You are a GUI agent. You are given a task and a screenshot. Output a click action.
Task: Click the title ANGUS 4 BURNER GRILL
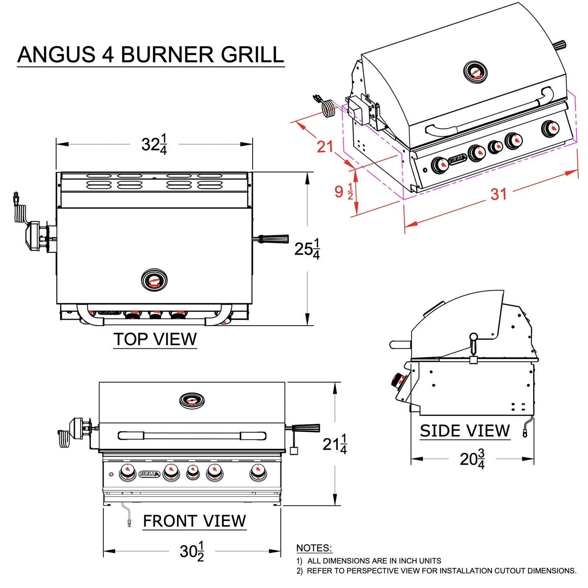point(151,55)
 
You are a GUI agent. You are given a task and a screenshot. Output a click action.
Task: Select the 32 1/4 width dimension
point(154,144)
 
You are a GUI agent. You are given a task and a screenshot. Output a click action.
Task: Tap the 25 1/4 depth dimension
point(307,249)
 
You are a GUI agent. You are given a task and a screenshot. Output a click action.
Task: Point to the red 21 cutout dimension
point(325,147)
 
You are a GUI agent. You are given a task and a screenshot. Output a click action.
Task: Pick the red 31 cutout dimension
point(498,194)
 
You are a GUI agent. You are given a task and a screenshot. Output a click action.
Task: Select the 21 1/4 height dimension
point(334,444)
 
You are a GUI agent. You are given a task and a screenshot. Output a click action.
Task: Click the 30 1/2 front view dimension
point(192,551)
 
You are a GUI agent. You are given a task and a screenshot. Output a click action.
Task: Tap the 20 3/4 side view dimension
point(472,459)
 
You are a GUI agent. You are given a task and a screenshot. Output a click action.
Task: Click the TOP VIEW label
point(155,339)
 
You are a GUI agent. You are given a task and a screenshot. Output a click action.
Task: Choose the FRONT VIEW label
point(195,521)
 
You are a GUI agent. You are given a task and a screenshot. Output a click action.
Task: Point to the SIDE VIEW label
point(465,431)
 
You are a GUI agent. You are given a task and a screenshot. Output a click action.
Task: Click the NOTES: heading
point(314,548)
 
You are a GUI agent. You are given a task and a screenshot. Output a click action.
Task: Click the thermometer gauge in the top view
point(154,280)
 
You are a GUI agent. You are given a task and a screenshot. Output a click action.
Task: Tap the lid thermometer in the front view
point(192,400)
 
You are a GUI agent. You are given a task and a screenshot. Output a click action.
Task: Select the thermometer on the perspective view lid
point(475,72)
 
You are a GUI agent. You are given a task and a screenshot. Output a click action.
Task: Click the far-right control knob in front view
point(258,472)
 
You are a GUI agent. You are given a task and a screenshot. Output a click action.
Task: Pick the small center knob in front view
point(193,472)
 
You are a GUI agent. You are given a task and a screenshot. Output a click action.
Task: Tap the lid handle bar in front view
point(192,436)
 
